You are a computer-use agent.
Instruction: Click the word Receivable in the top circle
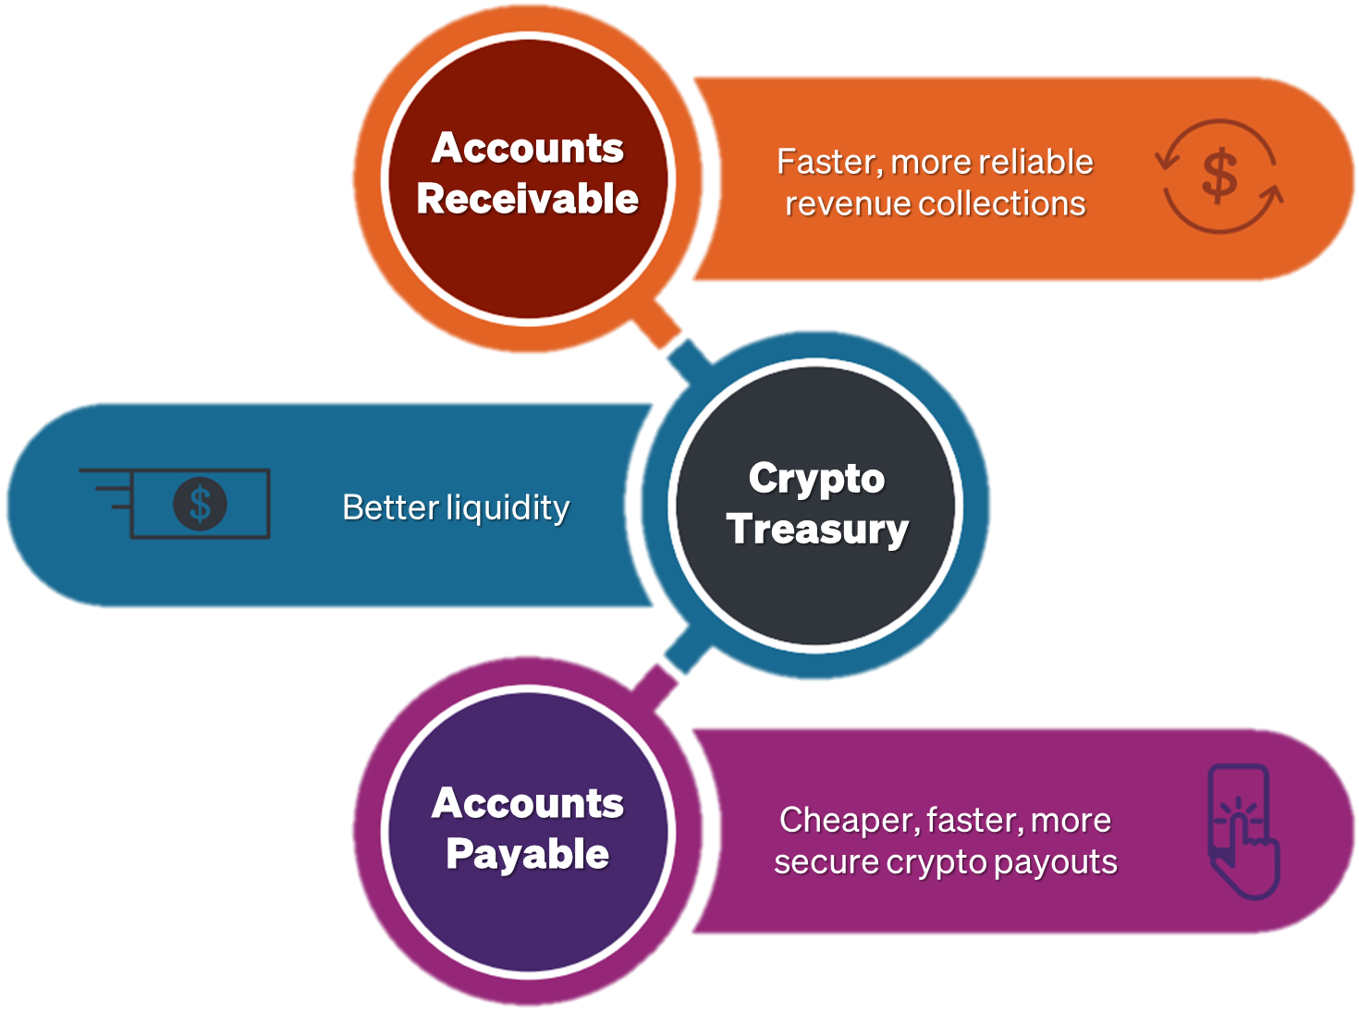[527, 200]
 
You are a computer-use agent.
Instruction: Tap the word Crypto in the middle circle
[816, 479]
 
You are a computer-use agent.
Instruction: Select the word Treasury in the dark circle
[817, 530]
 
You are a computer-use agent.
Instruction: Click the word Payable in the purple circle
[527, 855]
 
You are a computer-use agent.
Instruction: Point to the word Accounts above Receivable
[527, 149]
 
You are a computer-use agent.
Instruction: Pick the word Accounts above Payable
[527, 804]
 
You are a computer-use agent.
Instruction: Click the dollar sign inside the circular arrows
[1219, 176]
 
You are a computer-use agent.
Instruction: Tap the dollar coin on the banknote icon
[200, 505]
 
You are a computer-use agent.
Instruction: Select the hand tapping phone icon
[1244, 832]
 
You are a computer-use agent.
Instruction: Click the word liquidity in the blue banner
[508, 508]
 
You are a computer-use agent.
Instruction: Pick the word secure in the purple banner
[826, 863]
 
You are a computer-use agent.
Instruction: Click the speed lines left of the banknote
[106, 488]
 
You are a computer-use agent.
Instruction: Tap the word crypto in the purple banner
[937, 863]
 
